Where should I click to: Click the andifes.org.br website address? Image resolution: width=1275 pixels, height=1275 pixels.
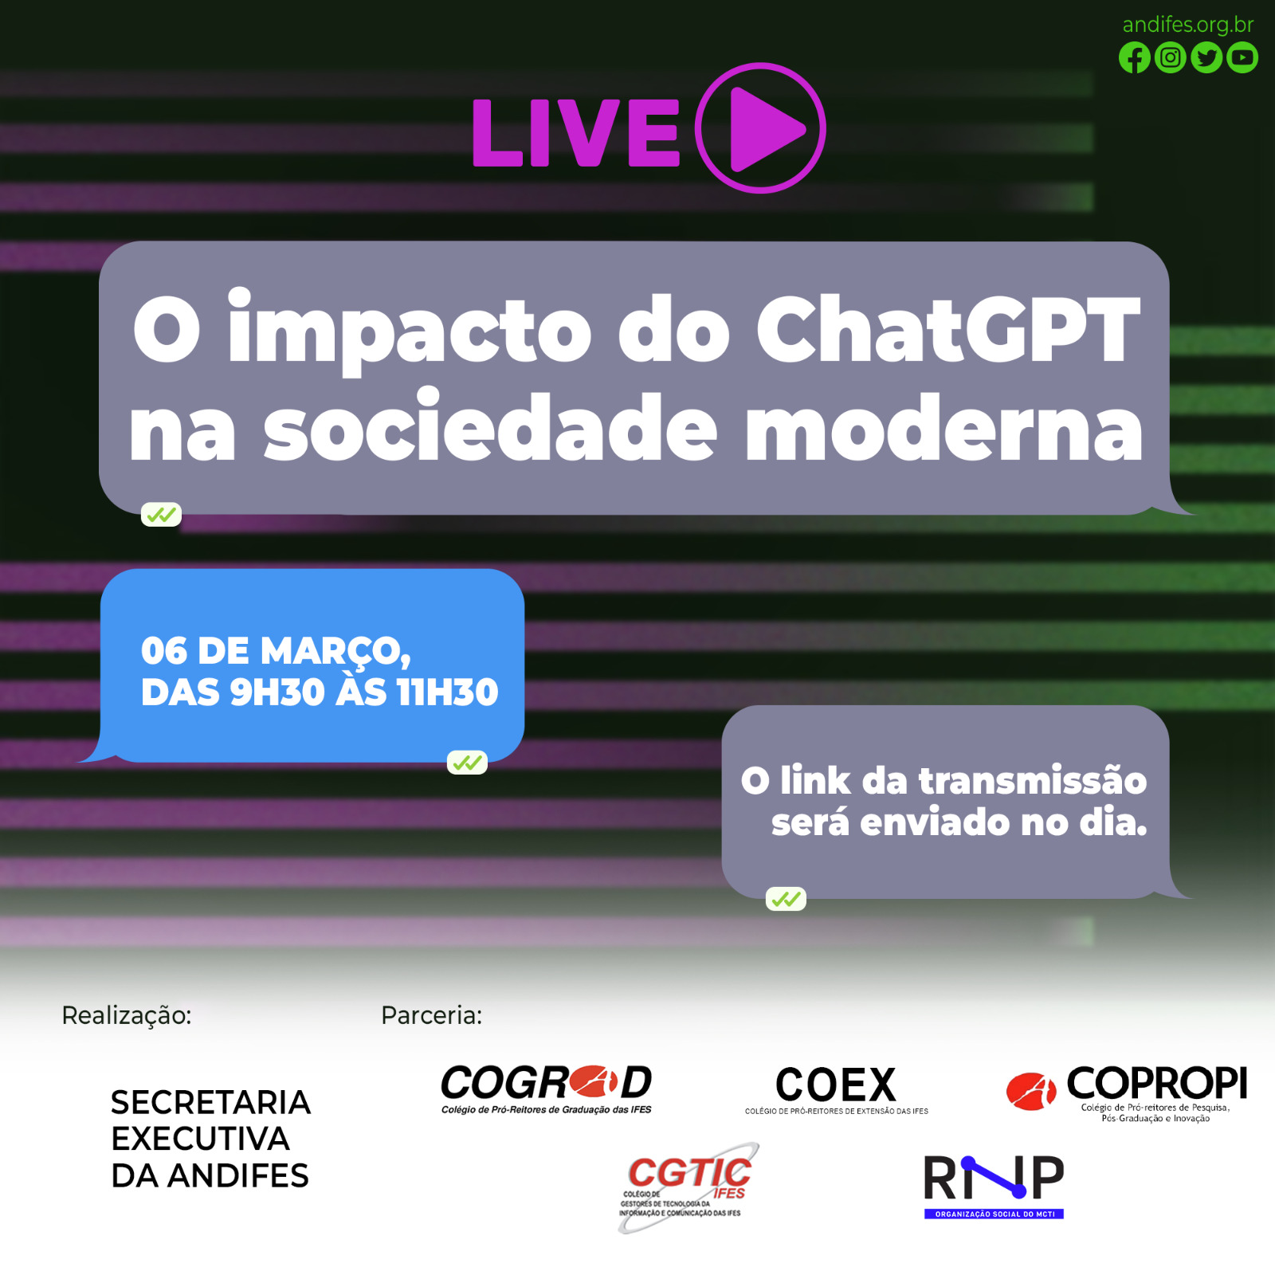coord(1187,25)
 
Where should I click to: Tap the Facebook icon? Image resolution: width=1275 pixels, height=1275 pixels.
coord(1135,57)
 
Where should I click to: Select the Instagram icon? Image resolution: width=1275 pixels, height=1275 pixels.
coord(1171,57)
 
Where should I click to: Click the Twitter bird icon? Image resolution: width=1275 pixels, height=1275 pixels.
coord(1206,57)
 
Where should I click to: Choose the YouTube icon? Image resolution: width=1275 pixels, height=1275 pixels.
coord(1242,57)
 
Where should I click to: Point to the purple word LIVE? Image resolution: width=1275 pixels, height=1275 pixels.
coord(575,132)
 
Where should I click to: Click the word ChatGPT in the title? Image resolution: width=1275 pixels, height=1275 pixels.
coord(948,329)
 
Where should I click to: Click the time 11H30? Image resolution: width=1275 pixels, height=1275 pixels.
coord(448,692)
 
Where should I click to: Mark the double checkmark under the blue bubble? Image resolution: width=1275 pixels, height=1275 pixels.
coord(467,763)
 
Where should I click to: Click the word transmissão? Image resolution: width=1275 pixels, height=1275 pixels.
coord(1033,780)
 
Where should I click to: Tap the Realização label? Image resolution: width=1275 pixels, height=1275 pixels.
coord(127,1016)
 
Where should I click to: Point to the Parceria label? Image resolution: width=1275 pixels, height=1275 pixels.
coord(432,1015)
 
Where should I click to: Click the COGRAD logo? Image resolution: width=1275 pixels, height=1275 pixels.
coord(547,1089)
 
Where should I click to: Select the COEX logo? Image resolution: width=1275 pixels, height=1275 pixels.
coord(837,1089)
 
